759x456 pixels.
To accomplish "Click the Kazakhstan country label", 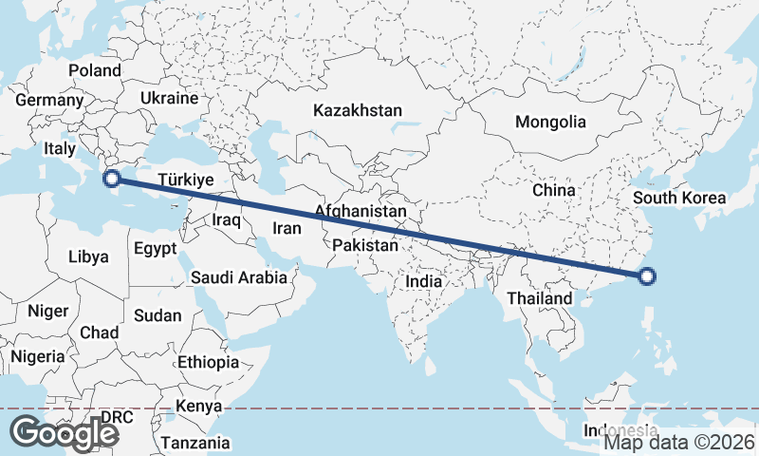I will coord(358,110).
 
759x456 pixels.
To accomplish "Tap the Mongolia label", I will coord(550,122).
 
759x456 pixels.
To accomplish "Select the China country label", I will coord(554,190).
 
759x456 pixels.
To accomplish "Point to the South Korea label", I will coord(678,199).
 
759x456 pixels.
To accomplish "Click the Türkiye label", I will coord(186,179).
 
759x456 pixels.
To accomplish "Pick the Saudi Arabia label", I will coord(238,277).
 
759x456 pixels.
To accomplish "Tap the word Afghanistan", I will coord(360,211).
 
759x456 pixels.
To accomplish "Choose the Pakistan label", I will coord(365,245).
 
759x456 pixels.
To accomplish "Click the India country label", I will coord(423,281).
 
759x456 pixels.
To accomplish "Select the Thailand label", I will coord(539,298).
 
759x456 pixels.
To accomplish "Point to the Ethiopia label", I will coord(208,362).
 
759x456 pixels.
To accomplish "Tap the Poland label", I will coord(95,70).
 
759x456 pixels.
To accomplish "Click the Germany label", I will coord(49,100).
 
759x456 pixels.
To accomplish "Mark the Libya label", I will coord(88,256).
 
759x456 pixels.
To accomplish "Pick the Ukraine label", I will coord(169,98).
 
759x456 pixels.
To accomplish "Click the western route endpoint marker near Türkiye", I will coord(111,178).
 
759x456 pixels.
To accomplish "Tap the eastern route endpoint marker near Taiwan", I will coord(647,276).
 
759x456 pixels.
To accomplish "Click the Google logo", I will coord(65,432).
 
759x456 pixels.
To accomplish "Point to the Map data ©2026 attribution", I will coord(679,441).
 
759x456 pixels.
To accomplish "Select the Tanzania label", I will coord(194,443).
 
